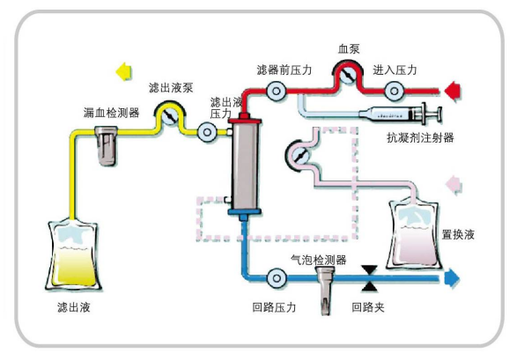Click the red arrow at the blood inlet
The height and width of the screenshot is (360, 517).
tap(454, 89)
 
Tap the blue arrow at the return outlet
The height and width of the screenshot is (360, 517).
tap(452, 279)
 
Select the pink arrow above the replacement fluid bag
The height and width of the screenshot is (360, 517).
tap(454, 183)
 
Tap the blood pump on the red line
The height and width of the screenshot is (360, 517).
tap(349, 77)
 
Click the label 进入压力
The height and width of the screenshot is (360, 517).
tap(395, 69)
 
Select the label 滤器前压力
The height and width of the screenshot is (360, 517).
tap(281, 69)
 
